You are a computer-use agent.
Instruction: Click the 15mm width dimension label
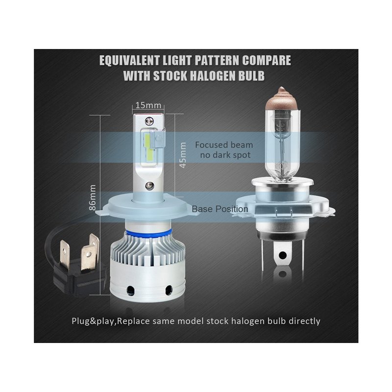[148, 105]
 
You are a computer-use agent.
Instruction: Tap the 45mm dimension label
[183, 155]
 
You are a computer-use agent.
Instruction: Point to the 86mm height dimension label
[92, 197]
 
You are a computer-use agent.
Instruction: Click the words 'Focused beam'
[224, 145]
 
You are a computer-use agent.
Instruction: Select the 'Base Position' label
[220, 209]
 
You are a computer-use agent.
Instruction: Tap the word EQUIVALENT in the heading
[129, 60]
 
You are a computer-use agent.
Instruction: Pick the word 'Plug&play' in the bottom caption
[93, 321]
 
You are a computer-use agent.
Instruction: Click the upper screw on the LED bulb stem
[149, 121]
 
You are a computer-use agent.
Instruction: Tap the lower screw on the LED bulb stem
[149, 185]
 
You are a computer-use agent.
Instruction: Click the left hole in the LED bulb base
[130, 290]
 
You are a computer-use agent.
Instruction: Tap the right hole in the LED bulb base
[169, 290]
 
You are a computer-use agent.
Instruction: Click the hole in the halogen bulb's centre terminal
[283, 255]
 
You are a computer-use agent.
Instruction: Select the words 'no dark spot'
[225, 155]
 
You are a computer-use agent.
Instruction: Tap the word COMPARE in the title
[267, 60]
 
